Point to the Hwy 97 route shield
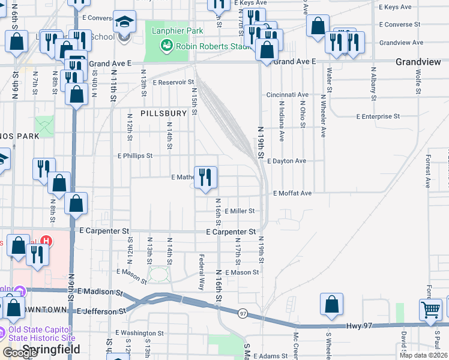point(243,313)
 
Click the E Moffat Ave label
point(292,193)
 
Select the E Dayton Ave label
point(287,161)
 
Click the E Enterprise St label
point(378,116)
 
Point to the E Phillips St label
point(135,155)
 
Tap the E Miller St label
point(240,211)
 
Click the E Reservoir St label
point(174,82)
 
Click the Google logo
point(20,353)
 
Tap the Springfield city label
point(47,349)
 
